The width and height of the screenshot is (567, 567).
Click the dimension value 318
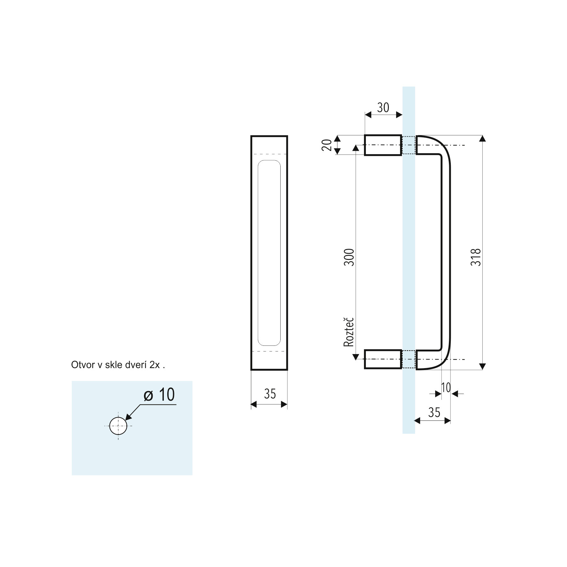pos(476,257)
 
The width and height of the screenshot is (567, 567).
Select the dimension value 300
pos(350,257)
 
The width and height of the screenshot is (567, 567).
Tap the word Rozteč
pos(349,332)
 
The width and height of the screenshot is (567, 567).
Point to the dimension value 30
pos(383,108)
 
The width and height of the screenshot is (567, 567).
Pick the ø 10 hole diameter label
pos(159,395)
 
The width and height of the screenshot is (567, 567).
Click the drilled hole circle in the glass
pos(118,426)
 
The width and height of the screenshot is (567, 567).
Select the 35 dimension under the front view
pos(270,394)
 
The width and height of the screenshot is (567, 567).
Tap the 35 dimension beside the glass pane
pos(434,412)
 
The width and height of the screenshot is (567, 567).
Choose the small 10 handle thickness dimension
pos(446,388)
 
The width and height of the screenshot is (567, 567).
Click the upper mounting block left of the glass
pos(383,145)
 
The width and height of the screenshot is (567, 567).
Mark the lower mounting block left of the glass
pos(383,359)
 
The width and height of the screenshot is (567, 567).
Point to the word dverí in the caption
pos(137,365)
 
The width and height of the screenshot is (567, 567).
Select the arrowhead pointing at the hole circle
pos(129,416)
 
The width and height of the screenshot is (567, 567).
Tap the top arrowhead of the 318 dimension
pos(483,138)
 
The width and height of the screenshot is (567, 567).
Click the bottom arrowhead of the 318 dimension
pos(483,367)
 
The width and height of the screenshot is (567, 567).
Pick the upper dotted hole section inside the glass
pos(409,145)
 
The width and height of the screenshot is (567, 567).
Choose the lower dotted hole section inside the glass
pos(409,359)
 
